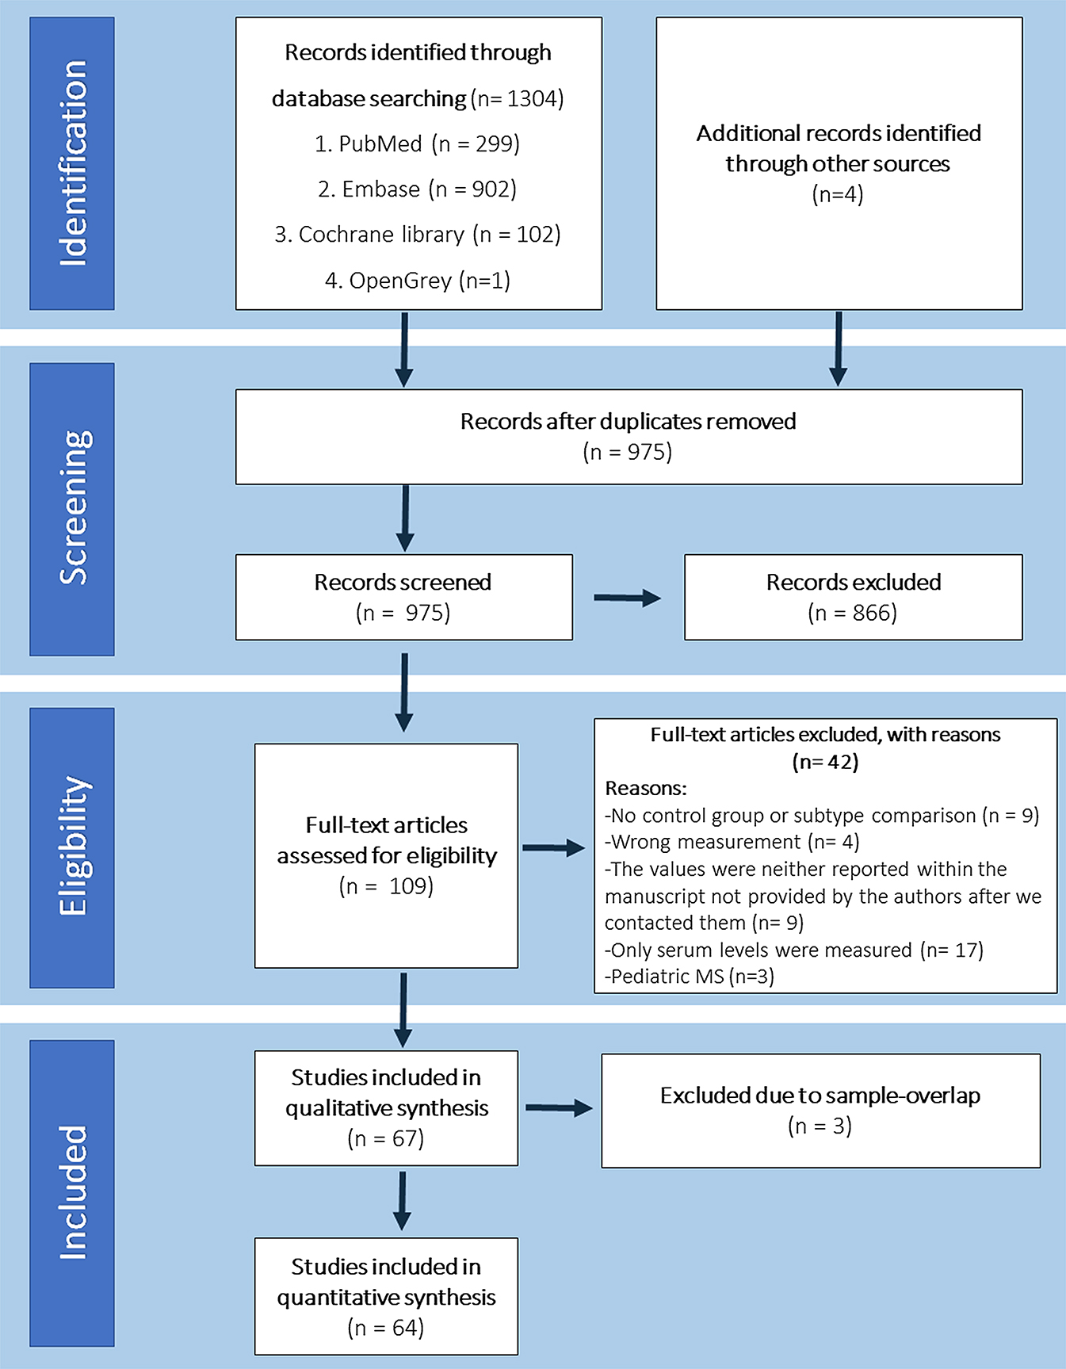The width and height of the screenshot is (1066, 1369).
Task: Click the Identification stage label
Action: [72, 163]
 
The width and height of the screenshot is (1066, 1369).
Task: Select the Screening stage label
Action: [72, 509]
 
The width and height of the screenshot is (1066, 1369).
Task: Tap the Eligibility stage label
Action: [72, 847]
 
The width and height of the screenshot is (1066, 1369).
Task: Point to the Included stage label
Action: [72, 1192]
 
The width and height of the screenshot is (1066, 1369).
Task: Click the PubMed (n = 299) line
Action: [417, 144]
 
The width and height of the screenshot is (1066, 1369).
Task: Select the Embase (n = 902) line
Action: [417, 189]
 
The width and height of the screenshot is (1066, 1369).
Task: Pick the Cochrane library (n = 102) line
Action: [417, 235]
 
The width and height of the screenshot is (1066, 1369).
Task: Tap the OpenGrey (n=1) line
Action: [417, 281]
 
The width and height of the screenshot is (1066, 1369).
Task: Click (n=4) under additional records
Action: [838, 194]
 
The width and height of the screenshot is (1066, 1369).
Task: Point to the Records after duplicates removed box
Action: [629, 436]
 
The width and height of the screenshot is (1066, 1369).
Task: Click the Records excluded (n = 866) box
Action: [853, 597]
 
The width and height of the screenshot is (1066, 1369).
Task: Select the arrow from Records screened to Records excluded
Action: [627, 598]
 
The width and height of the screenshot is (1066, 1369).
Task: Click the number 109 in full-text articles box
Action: [411, 886]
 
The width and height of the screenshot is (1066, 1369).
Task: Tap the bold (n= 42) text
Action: [825, 762]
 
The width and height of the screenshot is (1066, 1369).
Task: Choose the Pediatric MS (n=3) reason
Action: [689, 977]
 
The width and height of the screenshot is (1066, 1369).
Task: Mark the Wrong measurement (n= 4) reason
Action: [732, 842]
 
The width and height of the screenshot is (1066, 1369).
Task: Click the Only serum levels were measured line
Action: [793, 950]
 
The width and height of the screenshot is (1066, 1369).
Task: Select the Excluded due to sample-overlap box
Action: [820, 1110]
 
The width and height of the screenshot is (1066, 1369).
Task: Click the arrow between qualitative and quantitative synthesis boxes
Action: [403, 1200]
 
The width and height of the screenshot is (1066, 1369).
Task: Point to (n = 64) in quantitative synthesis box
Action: [386, 1328]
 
